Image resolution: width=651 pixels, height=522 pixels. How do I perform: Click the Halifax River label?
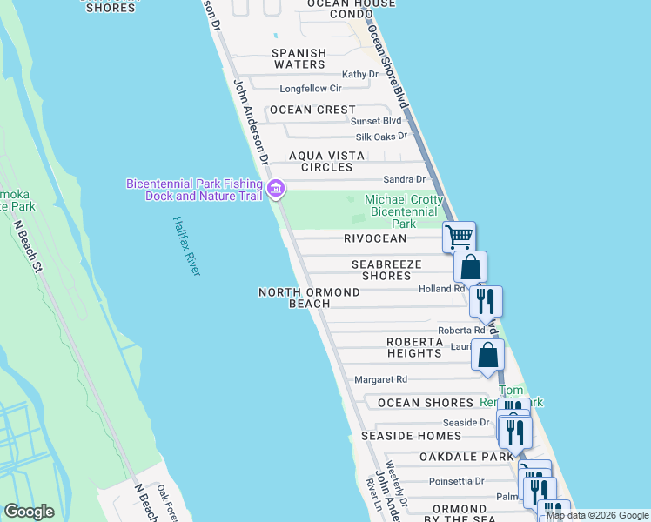click(186, 246)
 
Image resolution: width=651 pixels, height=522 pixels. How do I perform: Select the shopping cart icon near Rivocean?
click(459, 236)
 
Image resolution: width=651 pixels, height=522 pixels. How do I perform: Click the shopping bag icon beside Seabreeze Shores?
click(470, 267)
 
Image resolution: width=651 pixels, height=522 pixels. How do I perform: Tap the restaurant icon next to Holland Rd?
click(486, 301)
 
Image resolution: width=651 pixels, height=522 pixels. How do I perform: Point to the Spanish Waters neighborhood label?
click(299, 58)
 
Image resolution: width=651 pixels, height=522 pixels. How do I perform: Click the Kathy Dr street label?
click(360, 75)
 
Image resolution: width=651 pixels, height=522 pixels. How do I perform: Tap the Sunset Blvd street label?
click(375, 120)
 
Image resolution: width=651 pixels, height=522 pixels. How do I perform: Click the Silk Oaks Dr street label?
click(381, 137)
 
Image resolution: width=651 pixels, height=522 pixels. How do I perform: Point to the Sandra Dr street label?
click(407, 179)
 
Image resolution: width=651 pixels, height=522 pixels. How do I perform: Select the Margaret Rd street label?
click(380, 379)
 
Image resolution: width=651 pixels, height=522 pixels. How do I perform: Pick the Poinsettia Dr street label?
click(462, 480)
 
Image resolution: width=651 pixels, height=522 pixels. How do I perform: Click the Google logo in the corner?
click(29, 512)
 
